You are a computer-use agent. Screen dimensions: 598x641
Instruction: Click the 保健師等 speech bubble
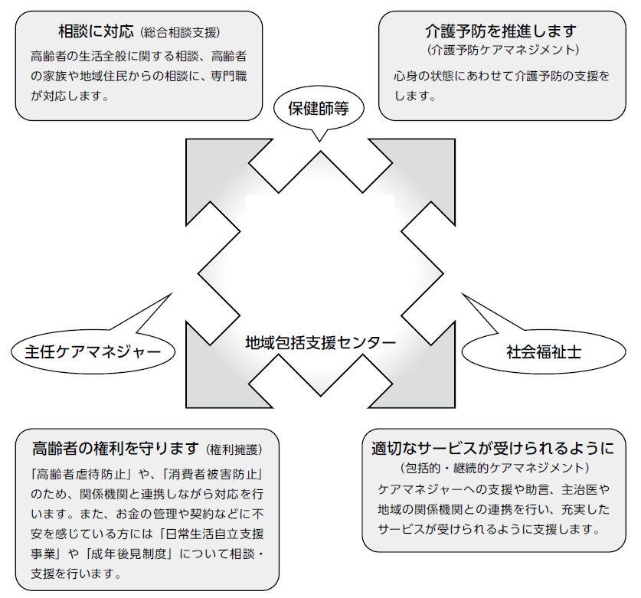click(319, 108)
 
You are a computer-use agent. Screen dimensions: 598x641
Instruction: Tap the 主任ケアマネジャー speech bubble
click(93, 352)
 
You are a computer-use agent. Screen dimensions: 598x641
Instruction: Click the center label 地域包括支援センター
click(320, 341)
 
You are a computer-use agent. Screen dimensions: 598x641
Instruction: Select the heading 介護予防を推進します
click(501, 31)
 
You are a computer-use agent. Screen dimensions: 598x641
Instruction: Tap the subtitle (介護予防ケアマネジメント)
click(502, 51)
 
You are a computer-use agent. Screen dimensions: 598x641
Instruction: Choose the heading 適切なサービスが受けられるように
click(492, 448)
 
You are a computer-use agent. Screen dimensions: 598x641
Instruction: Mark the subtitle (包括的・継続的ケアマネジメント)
click(494, 467)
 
